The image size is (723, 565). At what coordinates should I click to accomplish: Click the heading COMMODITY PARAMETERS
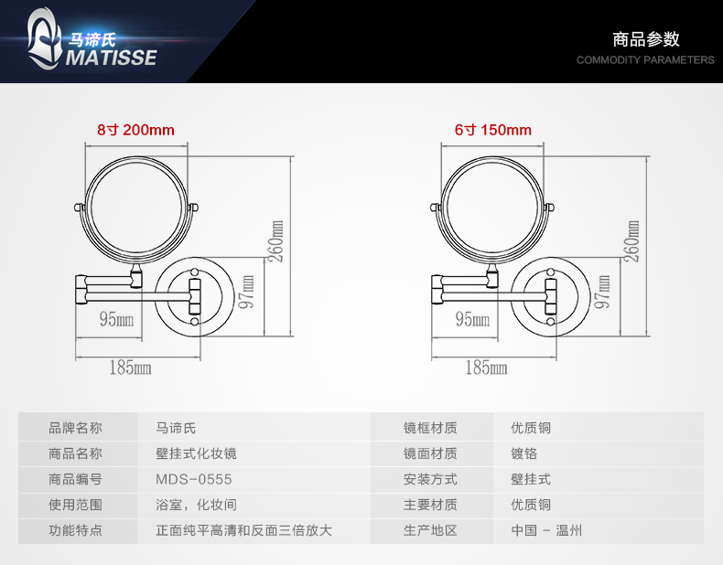pyautogui.click(x=645, y=60)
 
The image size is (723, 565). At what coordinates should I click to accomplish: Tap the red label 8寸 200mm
pyautogui.click(x=135, y=130)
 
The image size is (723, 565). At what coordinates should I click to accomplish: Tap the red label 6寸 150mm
pyautogui.click(x=492, y=130)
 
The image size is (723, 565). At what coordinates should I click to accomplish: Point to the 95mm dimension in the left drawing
pyautogui.click(x=116, y=319)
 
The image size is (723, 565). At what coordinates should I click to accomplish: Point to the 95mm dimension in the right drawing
pyautogui.click(x=472, y=319)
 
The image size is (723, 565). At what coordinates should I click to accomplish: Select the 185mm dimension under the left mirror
pyautogui.click(x=129, y=368)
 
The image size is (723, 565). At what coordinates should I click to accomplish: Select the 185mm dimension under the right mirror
pyautogui.click(x=486, y=368)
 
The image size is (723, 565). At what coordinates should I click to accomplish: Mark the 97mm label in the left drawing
pyautogui.click(x=245, y=292)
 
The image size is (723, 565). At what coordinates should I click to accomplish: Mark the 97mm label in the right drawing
pyautogui.click(x=601, y=292)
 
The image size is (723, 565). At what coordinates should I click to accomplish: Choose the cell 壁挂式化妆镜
pyautogui.click(x=197, y=453)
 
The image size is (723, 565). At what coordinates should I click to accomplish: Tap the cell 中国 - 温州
pyautogui.click(x=546, y=530)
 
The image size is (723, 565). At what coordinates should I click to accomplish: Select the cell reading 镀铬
pyautogui.click(x=523, y=453)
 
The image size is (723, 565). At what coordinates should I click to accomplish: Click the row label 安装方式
pyautogui.click(x=430, y=479)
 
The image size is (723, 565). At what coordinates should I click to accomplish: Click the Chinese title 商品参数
pyautogui.click(x=646, y=39)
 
